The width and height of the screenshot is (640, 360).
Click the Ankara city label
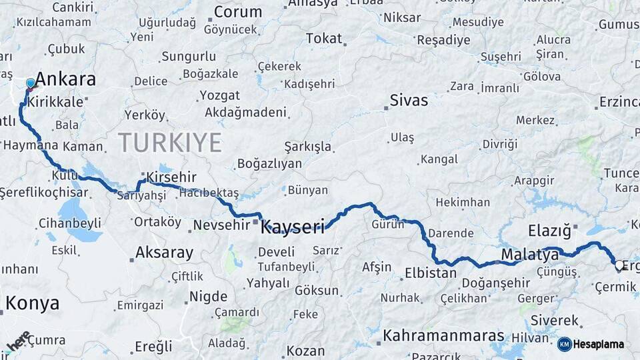tap(65, 79)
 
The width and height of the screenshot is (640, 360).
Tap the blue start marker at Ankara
tap(30, 83)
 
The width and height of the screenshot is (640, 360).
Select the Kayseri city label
tap(293, 227)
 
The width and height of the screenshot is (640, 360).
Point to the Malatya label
tap(529, 254)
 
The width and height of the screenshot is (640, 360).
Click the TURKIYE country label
tap(170, 142)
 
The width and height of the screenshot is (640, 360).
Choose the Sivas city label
tap(409, 101)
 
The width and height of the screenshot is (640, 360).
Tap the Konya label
tap(32, 303)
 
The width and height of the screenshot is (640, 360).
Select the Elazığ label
tap(549, 231)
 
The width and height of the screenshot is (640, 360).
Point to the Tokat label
tap(324, 39)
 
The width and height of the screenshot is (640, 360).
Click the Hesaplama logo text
tap(599, 344)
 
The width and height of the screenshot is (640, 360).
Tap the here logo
tap(19, 341)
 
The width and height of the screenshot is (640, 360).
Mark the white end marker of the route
tap(619, 265)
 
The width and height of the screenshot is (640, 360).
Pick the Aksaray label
tap(164, 253)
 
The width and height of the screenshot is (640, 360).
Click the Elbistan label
tap(430, 273)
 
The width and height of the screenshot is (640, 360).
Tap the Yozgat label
tap(219, 95)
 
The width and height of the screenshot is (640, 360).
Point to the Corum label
tap(237, 12)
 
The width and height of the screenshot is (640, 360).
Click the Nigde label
tap(208, 296)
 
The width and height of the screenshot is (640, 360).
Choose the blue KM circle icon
tap(564, 344)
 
